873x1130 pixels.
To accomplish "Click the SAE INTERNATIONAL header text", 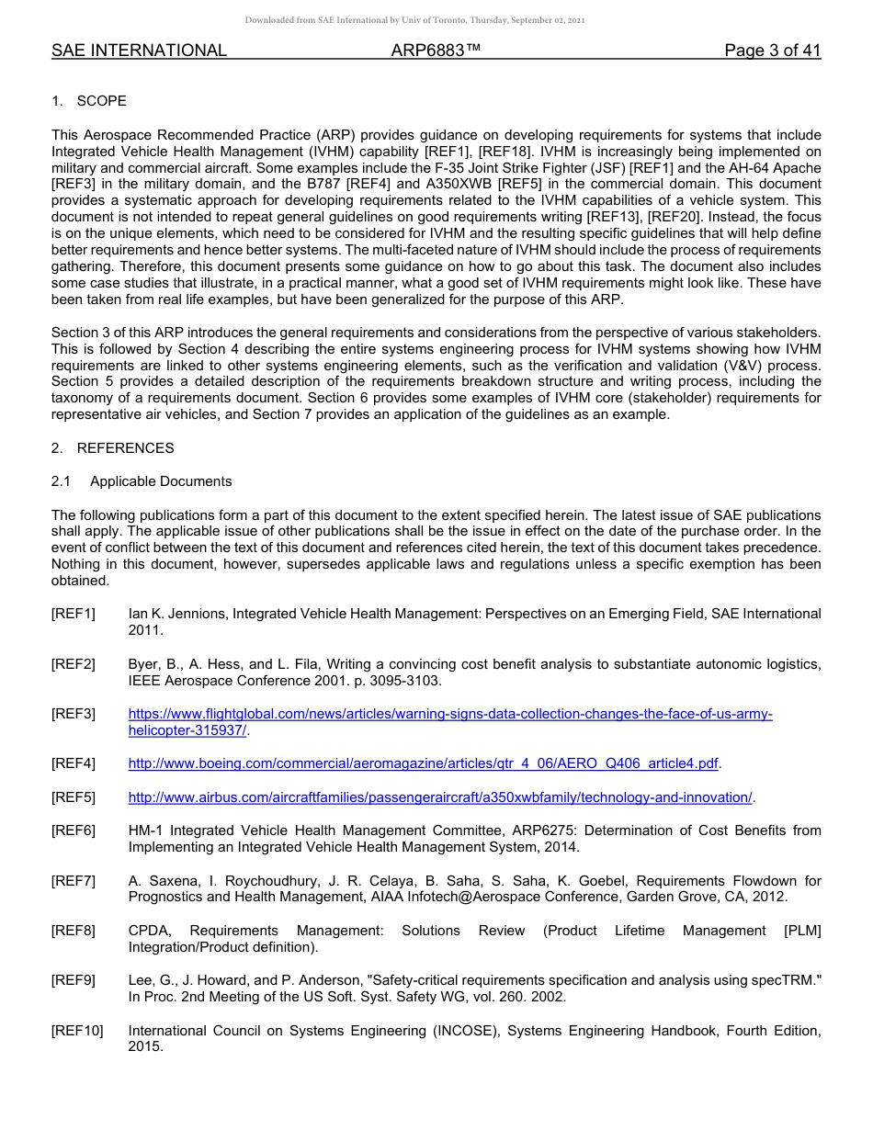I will click(x=139, y=51).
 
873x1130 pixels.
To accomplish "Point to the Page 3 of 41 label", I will click(x=772, y=51).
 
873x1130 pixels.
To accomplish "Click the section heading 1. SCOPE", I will click(x=89, y=101).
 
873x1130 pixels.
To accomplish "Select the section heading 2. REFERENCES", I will click(x=112, y=448).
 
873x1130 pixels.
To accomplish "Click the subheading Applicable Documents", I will click(x=161, y=481).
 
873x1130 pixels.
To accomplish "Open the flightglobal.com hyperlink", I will click(x=449, y=715).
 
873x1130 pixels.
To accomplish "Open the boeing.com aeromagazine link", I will click(x=423, y=763).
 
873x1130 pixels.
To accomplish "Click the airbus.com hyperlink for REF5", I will click(x=440, y=797).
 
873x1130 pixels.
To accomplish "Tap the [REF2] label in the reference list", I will click(x=74, y=664).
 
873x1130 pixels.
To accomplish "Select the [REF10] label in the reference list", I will click(x=77, y=1031).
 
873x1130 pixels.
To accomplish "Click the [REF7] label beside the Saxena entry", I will click(x=74, y=881).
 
